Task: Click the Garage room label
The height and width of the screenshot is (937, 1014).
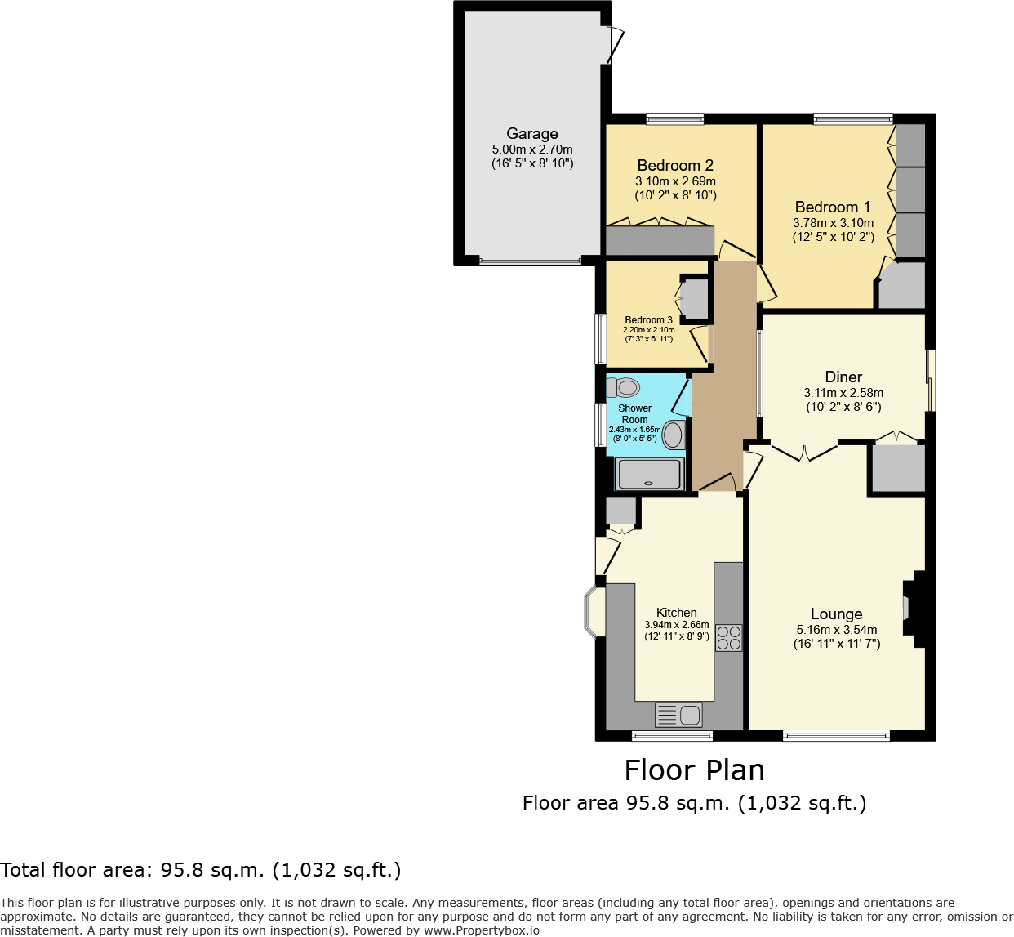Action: click(x=532, y=134)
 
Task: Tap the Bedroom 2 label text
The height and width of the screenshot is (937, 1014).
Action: click(x=675, y=166)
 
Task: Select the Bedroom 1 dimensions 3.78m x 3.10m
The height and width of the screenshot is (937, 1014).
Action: click(x=833, y=223)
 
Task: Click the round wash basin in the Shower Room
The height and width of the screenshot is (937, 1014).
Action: click(x=673, y=435)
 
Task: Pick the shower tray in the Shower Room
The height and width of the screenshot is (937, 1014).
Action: click(x=649, y=474)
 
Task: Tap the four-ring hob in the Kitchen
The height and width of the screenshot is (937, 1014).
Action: click(x=729, y=637)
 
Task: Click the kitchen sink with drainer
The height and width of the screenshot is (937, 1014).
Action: click(x=678, y=715)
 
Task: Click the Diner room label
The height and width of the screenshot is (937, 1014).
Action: click(x=843, y=377)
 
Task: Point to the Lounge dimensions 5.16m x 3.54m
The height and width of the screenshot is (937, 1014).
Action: click(x=837, y=630)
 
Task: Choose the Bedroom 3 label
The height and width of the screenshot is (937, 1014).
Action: click(x=649, y=320)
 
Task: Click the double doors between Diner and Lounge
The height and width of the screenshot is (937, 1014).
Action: click(x=805, y=452)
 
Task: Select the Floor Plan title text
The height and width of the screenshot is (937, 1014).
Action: click(x=694, y=770)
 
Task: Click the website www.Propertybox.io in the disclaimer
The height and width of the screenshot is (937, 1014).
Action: click(x=481, y=930)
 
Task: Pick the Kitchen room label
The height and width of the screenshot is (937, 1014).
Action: click(x=677, y=613)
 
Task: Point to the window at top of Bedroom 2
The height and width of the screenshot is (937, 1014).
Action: click(x=674, y=119)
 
